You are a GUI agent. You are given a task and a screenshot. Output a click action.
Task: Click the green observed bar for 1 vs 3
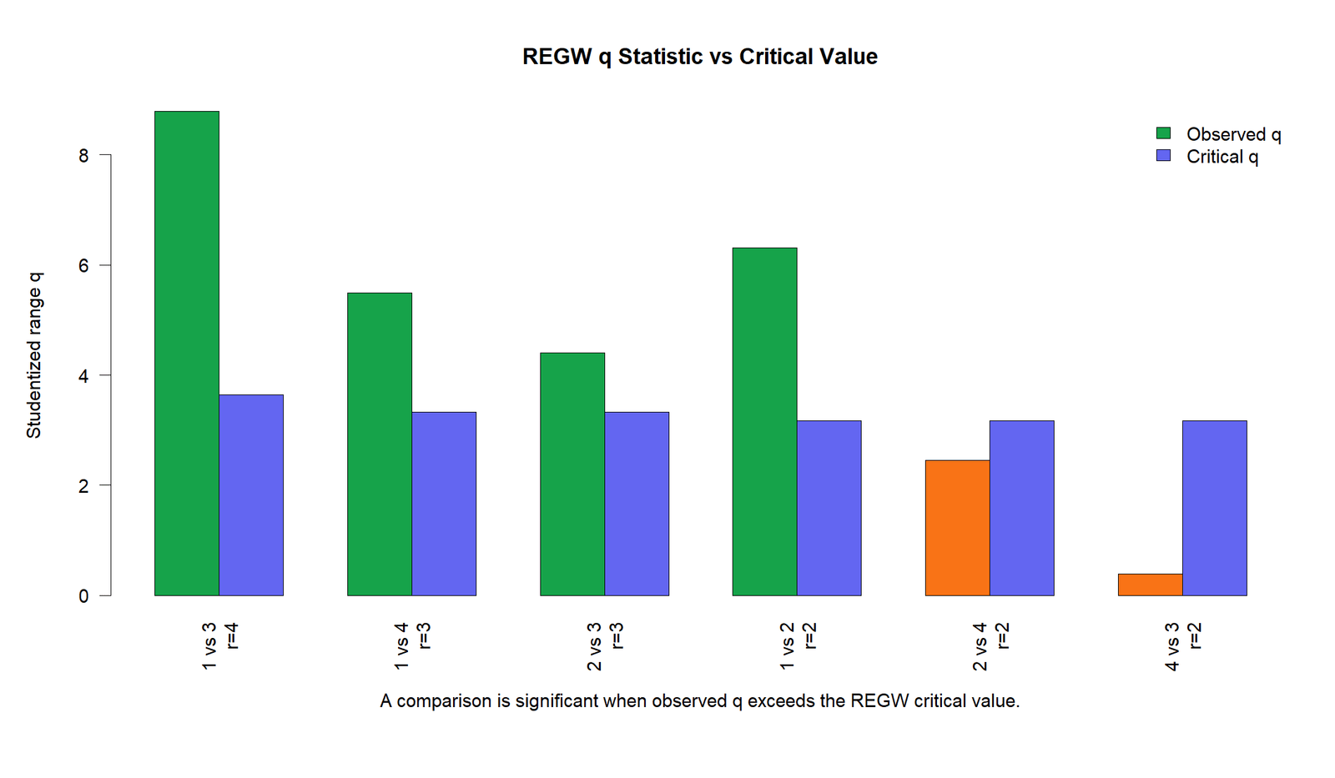(187, 354)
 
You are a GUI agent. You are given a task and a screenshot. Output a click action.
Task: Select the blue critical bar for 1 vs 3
(251, 495)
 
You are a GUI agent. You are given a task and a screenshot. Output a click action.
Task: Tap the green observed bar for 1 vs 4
(380, 444)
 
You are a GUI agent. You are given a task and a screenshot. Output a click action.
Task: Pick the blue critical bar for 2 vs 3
(637, 504)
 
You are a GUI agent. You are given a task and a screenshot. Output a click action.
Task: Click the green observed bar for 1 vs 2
(764, 422)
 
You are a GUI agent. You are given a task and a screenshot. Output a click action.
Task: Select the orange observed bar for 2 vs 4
(957, 528)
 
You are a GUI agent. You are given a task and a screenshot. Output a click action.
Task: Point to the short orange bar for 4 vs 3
(1151, 585)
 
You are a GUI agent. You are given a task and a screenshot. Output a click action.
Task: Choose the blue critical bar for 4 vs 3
(1215, 508)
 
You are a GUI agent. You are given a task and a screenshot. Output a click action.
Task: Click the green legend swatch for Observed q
(1163, 133)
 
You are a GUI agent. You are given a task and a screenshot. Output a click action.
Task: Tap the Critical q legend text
(1222, 158)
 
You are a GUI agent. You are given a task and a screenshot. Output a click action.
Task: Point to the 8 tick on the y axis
(105, 155)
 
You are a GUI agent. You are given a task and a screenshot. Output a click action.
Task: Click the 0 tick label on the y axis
(83, 595)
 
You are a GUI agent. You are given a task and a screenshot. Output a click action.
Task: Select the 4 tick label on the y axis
(83, 375)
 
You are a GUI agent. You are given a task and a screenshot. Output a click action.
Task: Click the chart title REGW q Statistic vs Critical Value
(700, 57)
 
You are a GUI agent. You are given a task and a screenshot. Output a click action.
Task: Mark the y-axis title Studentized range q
(34, 355)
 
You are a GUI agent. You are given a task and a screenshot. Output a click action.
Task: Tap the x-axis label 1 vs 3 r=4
(220, 646)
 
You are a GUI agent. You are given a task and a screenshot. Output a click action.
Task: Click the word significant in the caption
(556, 700)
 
